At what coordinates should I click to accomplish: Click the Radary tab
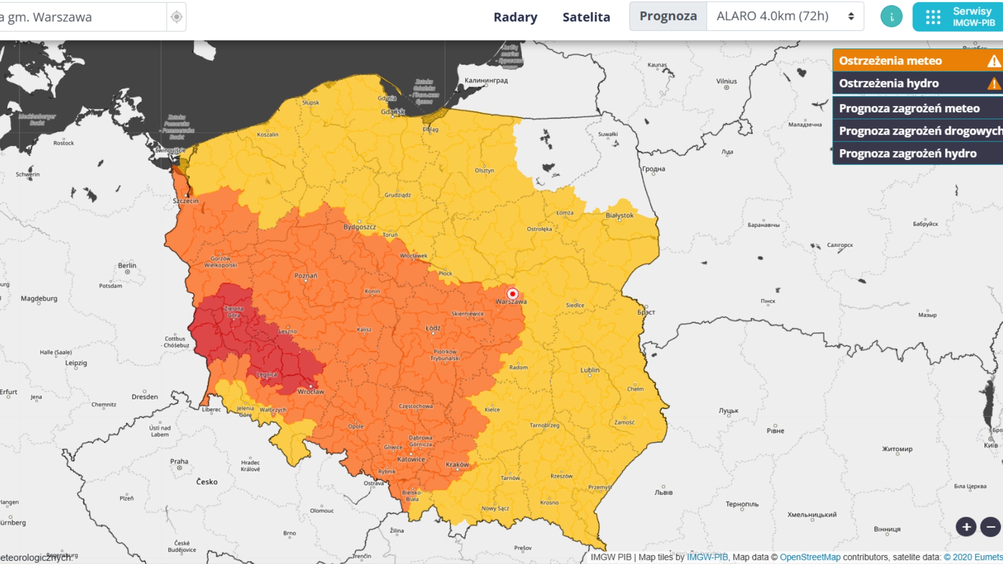pyautogui.click(x=515, y=17)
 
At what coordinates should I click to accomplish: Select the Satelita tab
pyautogui.click(x=586, y=17)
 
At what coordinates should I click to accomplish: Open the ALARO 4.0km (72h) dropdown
pyautogui.click(x=785, y=16)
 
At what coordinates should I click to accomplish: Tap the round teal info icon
pyautogui.click(x=891, y=17)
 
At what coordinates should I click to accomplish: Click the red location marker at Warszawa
pyautogui.click(x=512, y=293)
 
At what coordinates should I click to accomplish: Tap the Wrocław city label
pyautogui.click(x=311, y=392)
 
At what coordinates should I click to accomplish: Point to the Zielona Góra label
pyautogui.click(x=234, y=312)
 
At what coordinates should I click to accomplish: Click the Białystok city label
pyautogui.click(x=620, y=215)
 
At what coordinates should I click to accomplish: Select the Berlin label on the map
pyautogui.click(x=127, y=265)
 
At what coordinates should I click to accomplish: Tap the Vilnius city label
pyautogui.click(x=726, y=81)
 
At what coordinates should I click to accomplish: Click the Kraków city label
pyautogui.click(x=457, y=465)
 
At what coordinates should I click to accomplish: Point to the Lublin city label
pyautogui.click(x=590, y=370)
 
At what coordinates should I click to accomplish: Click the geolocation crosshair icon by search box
pyautogui.click(x=177, y=17)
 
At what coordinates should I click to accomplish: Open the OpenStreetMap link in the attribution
pyautogui.click(x=810, y=557)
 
